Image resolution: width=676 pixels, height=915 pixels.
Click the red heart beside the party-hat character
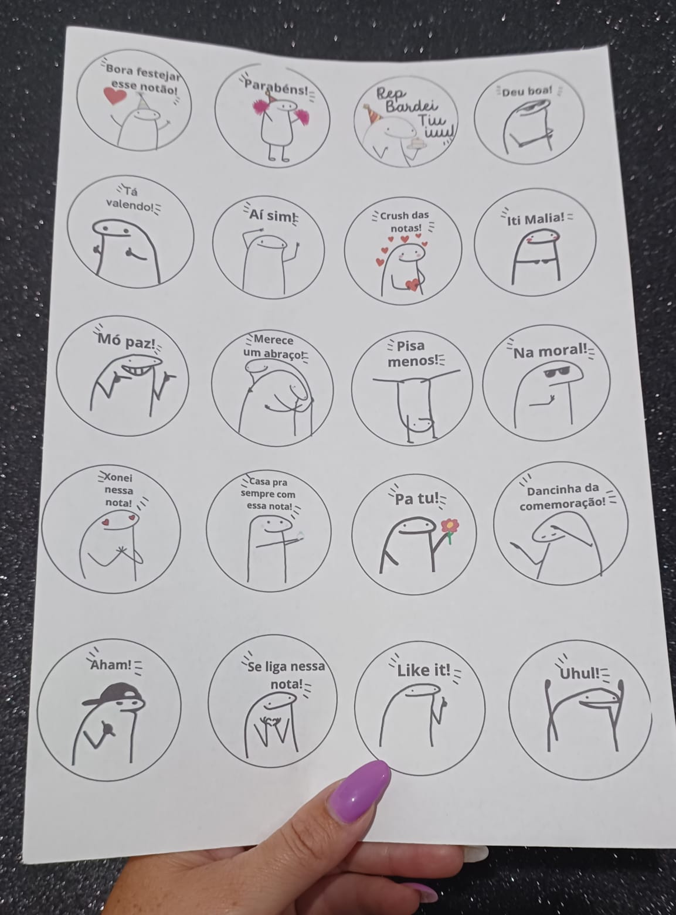115,97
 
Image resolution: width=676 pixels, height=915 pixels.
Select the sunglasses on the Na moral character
556,372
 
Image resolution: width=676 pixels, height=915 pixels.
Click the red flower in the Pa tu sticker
450,525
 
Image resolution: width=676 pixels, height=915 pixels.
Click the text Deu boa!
527,91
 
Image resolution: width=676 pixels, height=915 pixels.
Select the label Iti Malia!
535,219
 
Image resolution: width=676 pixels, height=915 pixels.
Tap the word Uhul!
579,674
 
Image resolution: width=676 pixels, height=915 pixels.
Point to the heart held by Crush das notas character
412,284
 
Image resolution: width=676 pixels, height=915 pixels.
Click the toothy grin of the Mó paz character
138,369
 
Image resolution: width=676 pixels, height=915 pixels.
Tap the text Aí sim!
271,215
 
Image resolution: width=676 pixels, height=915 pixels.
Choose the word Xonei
118,477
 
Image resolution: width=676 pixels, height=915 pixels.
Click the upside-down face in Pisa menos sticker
421,422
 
